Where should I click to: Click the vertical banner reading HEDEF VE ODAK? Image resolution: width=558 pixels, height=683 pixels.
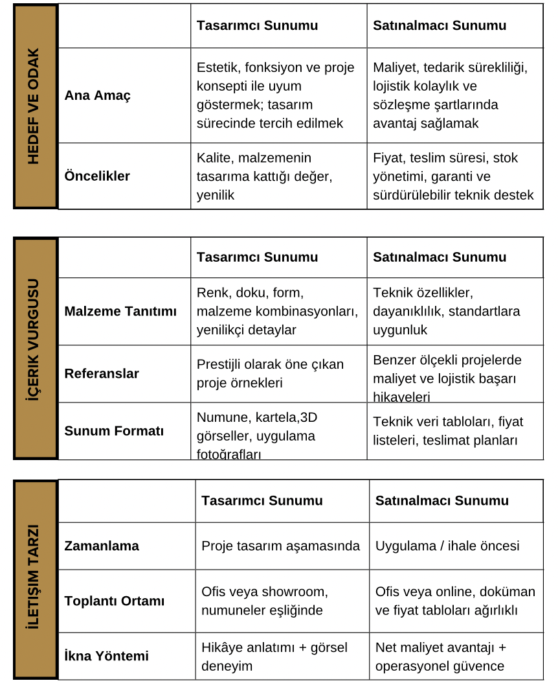(35, 106)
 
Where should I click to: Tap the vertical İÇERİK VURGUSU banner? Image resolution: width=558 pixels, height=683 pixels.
(35, 349)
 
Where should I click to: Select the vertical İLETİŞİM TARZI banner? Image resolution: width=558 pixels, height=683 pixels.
(35, 579)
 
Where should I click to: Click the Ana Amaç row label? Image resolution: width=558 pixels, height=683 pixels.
(97, 95)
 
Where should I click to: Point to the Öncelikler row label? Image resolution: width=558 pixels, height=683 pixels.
(97, 176)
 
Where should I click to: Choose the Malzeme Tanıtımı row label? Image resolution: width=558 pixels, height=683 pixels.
(120, 311)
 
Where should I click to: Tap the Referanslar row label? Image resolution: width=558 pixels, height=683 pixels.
(102, 373)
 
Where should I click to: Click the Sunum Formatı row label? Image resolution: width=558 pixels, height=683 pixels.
(114, 431)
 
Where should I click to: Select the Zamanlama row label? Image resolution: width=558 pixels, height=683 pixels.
(102, 546)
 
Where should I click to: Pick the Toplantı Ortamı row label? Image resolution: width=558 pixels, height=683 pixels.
(115, 601)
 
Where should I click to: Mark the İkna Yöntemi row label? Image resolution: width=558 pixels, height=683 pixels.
(106, 656)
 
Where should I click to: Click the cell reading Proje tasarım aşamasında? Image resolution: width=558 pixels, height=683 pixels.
(280, 546)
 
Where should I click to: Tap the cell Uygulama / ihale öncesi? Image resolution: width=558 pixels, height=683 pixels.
(447, 546)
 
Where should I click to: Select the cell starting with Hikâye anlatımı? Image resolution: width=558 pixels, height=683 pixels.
(274, 656)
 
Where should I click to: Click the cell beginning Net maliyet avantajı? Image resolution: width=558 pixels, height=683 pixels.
(441, 656)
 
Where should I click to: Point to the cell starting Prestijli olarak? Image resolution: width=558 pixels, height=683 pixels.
(270, 373)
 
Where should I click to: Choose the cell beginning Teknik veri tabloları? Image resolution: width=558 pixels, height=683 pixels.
(448, 431)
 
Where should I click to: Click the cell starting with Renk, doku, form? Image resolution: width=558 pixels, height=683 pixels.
(277, 311)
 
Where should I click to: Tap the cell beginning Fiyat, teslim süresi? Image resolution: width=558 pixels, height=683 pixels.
(453, 176)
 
